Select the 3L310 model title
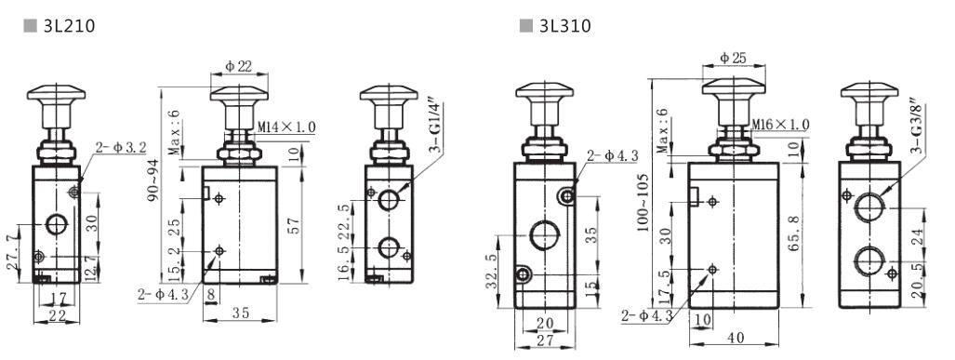(x=564, y=24)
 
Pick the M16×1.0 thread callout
(x=779, y=124)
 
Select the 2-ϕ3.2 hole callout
(x=121, y=147)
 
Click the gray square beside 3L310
(x=525, y=24)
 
